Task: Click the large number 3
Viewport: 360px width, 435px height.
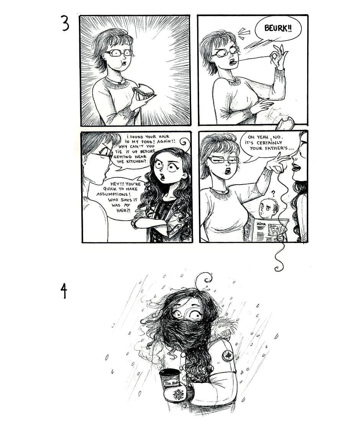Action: click(x=65, y=24)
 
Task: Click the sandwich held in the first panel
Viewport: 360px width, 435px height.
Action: click(x=145, y=91)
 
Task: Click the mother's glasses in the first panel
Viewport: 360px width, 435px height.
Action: click(x=118, y=53)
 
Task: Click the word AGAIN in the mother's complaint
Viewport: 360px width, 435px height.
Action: click(x=165, y=141)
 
